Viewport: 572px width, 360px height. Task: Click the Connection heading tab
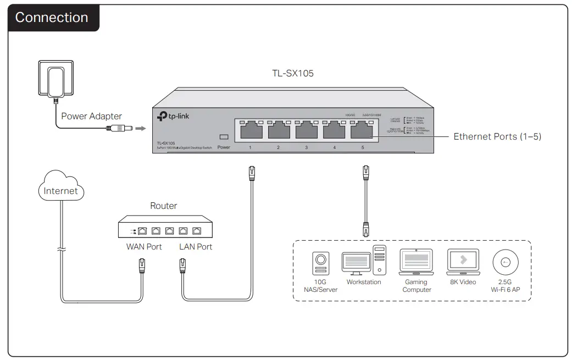(x=52, y=18)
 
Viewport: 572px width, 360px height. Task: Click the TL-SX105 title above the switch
(x=293, y=73)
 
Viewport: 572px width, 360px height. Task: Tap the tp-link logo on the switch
(x=174, y=116)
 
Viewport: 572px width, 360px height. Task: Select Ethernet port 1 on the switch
(x=251, y=130)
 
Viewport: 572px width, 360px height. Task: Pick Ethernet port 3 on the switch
(x=307, y=130)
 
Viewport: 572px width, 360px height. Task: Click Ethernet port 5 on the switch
(x=362, y=130)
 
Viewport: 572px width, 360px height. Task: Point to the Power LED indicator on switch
(x=224, y=137)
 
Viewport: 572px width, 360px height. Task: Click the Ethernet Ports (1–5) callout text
(x=497, y=136)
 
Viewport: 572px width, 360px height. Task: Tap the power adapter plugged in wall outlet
(x=55, y=81)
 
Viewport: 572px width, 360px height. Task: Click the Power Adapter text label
(x=91, y=116)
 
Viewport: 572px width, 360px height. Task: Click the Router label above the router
(x=164, y=206)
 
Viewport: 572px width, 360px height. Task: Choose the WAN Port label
(x=144, y=247)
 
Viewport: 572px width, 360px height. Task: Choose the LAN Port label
(x=196, y=247)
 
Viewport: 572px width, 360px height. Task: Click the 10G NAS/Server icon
(x=320, y=264)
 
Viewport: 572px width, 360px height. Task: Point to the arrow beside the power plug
(x=141, y=129)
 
